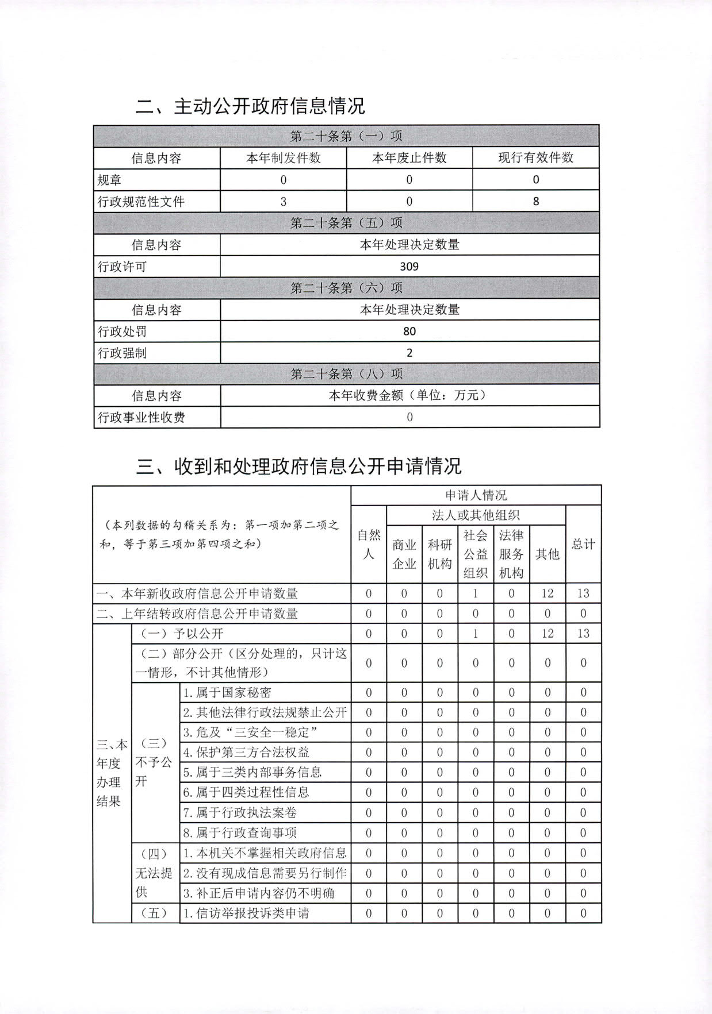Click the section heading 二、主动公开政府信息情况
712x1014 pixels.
(x=250, y=106)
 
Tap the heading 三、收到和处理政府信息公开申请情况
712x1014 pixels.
(x=298, y=466)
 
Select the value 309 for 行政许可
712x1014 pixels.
(x=409, y=267)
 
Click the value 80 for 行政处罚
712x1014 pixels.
(x=409, y=331)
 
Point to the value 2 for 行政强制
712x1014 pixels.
(x=409, y=353)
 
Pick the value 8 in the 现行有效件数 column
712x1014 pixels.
(x=535, y=202)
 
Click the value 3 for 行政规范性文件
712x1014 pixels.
(x=283, y=202)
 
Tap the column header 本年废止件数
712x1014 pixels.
(x=409, y=158)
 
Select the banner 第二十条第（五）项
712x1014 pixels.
(x=346, y=223)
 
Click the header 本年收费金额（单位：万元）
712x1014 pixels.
(x=409, y=395)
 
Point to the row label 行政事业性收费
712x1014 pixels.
(x=141, y=418)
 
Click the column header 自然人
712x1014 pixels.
(x=369, y=545)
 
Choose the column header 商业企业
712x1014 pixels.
(x=404, y=554)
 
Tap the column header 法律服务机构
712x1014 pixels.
(x=511, y=554)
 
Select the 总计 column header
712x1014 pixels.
(x=583, y=544)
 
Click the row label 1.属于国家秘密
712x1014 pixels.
(x=227, y=693)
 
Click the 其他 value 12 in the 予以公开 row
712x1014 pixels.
(x=547, y=633)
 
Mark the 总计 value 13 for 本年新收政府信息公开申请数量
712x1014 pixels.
(x=583, y=593)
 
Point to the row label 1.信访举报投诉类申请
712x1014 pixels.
(x=246, y=913)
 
